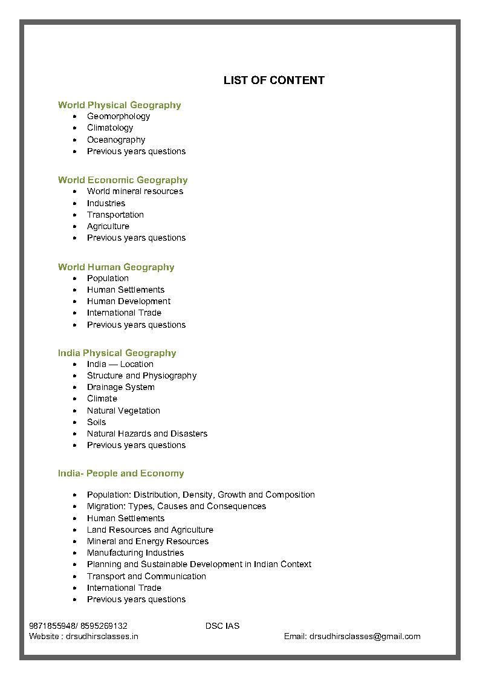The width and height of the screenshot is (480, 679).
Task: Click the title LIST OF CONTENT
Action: (274, 80)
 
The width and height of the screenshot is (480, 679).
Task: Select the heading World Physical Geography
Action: (119, 105)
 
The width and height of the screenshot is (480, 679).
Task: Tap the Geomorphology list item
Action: (118, 116)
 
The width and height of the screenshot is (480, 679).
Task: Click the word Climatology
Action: (110, 128)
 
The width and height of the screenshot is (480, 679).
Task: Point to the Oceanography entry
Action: (116, 140)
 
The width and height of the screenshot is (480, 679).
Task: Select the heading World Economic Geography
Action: (123, 180)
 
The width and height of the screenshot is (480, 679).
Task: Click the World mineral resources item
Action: (135, 191)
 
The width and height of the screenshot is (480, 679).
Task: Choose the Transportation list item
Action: (115, 215)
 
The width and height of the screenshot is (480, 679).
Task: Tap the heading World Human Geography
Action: (116, 267)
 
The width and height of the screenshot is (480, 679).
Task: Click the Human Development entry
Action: (128, 301)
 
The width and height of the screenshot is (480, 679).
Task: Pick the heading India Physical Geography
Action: (117, 353)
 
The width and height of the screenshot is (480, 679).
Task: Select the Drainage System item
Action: (120, 387)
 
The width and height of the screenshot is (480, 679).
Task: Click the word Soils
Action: (96, 422)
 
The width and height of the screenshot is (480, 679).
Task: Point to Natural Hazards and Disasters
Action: (147, 434)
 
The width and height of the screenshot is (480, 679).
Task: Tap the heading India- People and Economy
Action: (121, 473)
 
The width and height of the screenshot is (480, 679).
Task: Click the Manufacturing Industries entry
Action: (135, 553)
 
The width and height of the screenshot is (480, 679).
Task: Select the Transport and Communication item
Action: (146, 576)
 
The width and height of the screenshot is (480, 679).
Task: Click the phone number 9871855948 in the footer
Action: (51, 626)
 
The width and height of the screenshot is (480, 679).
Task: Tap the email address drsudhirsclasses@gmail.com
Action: (365, 636)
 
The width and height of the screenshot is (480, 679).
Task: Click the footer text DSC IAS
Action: (222, 626)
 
